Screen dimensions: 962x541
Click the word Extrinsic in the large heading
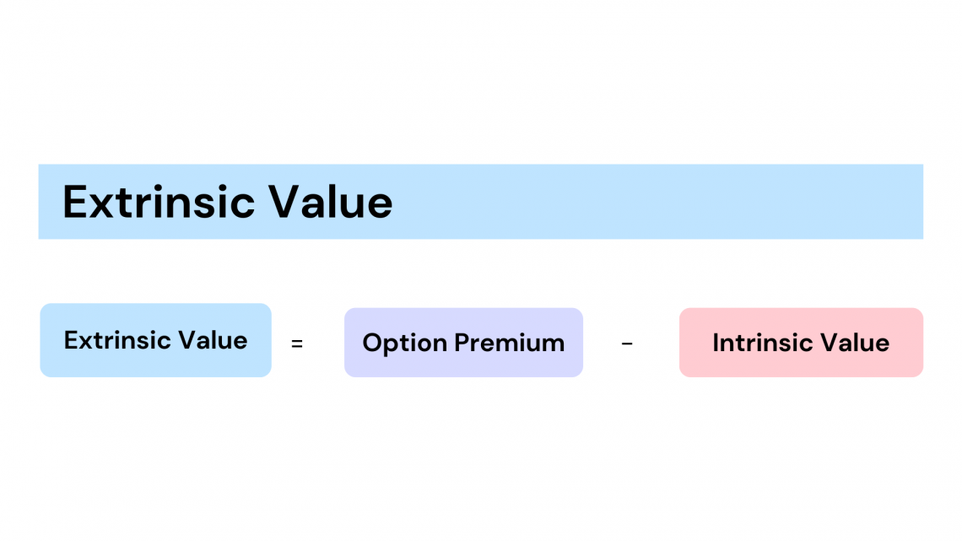coord(159,202)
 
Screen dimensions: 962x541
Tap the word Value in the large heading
coord(331,202)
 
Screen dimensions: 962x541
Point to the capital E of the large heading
coord(75,202)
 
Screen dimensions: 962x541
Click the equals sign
coord(297,344)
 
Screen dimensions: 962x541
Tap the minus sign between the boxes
coord(627,344)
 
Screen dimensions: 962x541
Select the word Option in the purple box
coord(404,344)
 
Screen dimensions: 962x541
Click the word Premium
coord(510,343)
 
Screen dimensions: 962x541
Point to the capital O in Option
coord(372,343)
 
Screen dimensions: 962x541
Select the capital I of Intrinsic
coord(716,343)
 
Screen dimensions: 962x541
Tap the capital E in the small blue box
coord(71,340)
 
